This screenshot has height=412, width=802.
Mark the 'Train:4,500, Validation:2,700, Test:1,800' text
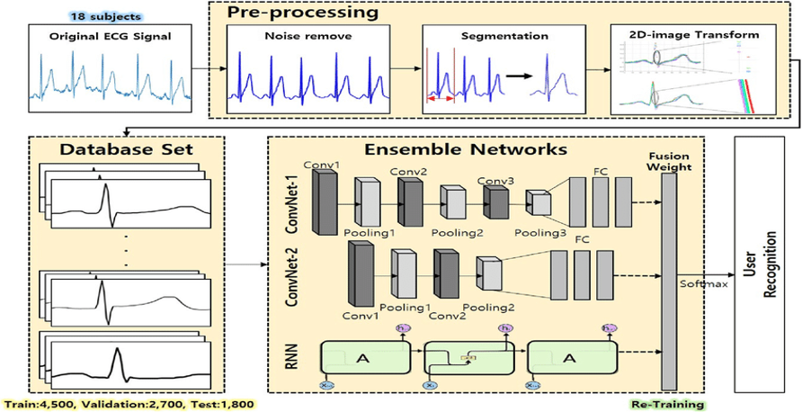tap(131, 405)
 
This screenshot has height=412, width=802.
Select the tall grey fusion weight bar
tap(669, 280)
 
